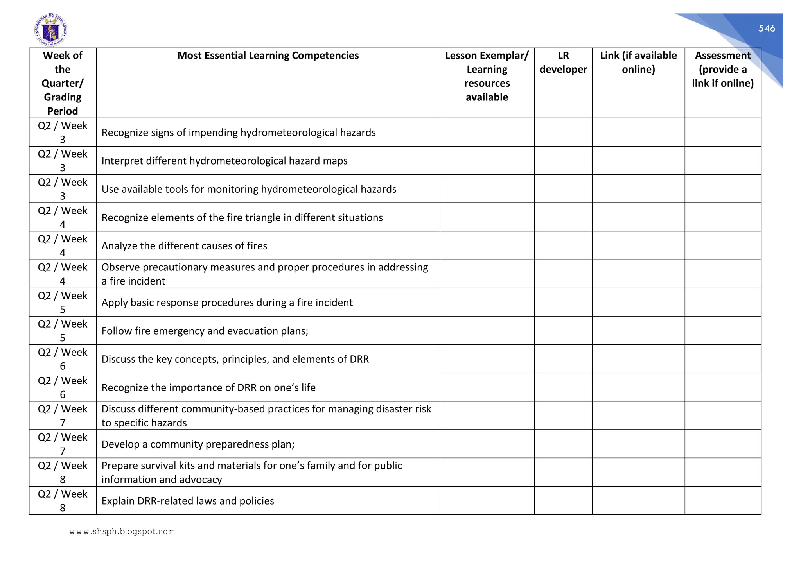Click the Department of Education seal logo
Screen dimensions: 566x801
(50, 30)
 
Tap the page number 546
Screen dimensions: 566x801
(767, 28)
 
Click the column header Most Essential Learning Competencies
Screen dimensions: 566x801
(268, 56)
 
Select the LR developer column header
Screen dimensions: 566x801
(563, 63)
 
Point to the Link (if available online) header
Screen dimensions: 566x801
(638, 63)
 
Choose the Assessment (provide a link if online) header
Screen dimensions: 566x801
(722, 69)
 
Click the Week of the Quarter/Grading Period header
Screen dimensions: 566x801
(63, 83)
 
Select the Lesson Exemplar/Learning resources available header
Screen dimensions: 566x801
(487, 76)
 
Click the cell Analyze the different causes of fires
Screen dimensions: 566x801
(184, 246)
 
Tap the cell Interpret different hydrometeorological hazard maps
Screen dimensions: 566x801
(224, 161)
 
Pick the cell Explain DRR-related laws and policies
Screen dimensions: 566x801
(188, 501)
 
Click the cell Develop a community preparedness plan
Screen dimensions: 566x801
(198, 444)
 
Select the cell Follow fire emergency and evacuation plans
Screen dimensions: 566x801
(205, 331)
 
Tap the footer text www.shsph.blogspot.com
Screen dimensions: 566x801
(122, 532)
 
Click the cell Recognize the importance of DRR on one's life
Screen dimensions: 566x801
(208, 388)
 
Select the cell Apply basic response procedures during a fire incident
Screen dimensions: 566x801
(227, 303)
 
